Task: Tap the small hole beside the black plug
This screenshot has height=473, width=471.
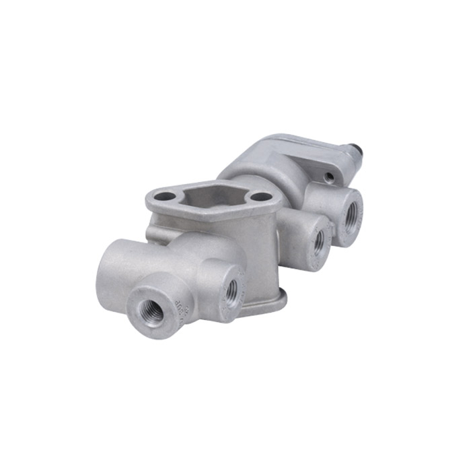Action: (x=328, y=177)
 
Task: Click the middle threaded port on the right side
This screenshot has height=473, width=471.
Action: (x=319, y=241)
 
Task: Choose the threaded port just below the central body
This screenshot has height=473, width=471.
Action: (x=231, y=290)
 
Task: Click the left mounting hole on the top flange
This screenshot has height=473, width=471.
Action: (x=166, y=197)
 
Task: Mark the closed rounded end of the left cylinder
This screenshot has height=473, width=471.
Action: (x=108, y=270)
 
